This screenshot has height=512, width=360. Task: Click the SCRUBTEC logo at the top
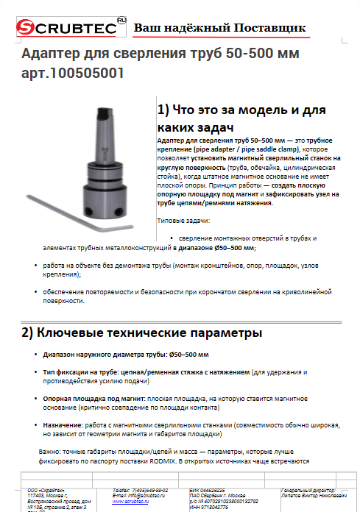64,27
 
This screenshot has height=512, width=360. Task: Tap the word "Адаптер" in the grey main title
49,54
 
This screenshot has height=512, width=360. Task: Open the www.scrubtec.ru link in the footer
130,502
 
